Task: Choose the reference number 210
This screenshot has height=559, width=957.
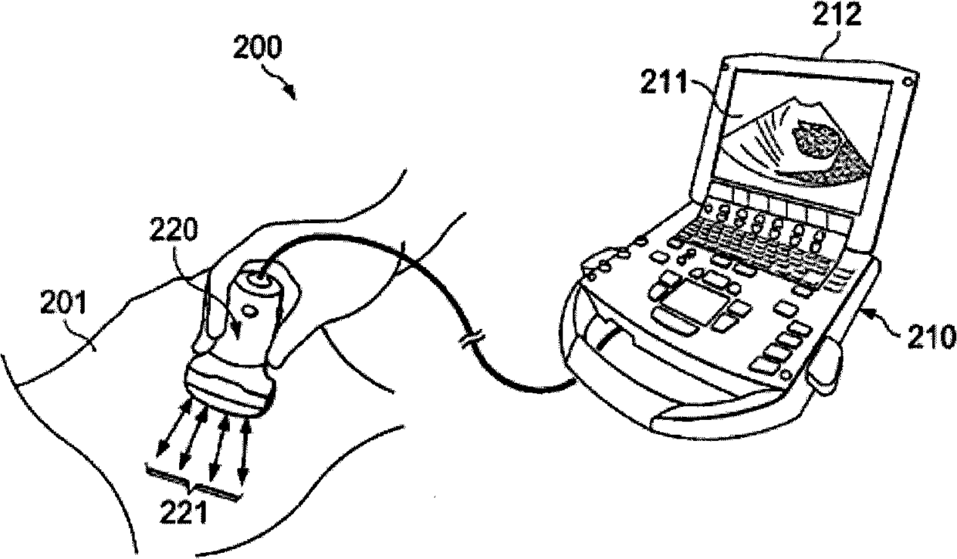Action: [x=929, y=337]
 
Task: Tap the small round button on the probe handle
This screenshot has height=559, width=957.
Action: [x=248, y=311]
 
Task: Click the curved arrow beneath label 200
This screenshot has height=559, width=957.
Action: [x=283, y=82]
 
